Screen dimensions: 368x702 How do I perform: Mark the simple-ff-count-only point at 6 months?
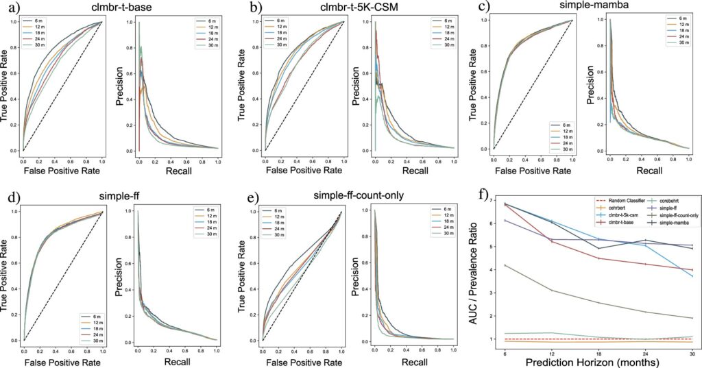coord(505,265)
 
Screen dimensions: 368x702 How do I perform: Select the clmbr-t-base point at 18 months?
coord(598,258)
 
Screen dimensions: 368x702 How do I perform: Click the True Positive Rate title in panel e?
coord(242,273)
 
